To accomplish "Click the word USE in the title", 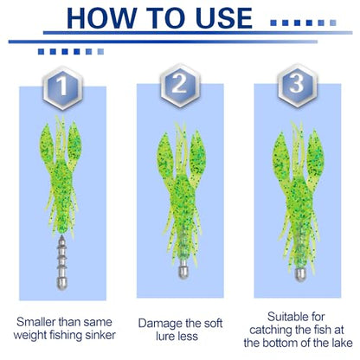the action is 224,18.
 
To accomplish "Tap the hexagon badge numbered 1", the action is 63,87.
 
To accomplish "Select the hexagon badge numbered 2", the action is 180,86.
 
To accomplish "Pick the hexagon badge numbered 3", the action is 298,86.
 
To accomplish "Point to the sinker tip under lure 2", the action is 183,271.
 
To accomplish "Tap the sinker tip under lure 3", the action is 300,274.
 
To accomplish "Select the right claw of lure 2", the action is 197,153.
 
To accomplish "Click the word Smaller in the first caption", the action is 36,322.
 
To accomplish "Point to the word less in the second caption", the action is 187,337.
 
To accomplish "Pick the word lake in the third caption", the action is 342,343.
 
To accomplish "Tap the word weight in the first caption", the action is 30,336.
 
